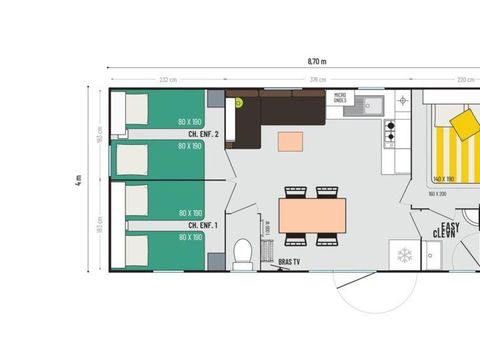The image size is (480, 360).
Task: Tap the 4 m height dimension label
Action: point(78,181)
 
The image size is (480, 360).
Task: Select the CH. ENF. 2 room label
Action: point(204,133)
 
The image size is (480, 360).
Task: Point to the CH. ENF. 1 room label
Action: point(204,225)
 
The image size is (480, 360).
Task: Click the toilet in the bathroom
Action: point(241,253)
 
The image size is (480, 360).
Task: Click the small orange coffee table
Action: point(291,141)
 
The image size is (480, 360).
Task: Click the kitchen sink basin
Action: point(372,102)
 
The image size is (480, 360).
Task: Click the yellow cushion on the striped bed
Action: point(465,123)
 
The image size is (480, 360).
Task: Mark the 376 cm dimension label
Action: point(316,80)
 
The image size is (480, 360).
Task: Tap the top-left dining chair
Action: point(295,191)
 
